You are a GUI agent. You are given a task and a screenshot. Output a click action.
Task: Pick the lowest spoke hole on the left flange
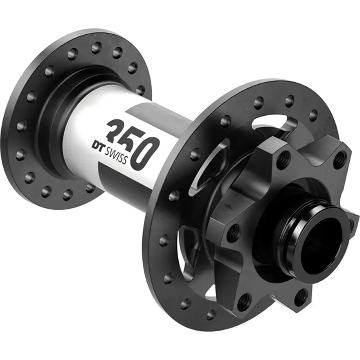click(68, 194)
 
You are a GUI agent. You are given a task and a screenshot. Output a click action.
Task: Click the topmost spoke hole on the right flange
click(289, 101)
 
